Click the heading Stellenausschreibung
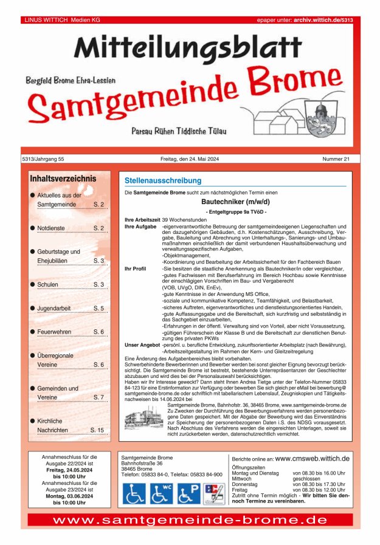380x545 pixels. (162, 181)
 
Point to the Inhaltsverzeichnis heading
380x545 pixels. (63, 179)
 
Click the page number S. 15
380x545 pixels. (97, 430)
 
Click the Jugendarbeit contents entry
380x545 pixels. (55, 308)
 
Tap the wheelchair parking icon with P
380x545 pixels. (188, 493)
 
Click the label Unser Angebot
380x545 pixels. (142, 344)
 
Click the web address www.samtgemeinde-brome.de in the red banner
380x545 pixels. (190, 521)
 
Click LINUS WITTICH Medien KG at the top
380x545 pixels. (62, 20)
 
